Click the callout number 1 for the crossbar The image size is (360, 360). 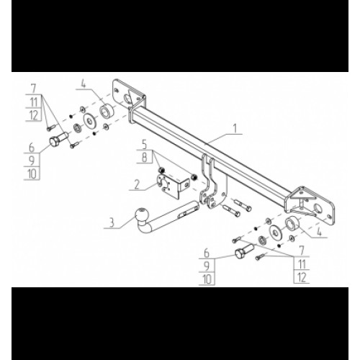pos(235,129)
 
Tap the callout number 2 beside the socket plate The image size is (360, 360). pos(137,184)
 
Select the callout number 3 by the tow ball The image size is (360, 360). pos(112,222)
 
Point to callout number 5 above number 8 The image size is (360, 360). pos(145,145)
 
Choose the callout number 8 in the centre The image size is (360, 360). pos(145,158)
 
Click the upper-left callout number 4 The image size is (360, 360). pos(83,84)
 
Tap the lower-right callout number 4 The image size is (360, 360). pos(319,232)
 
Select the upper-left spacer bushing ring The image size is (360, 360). pos(107,111)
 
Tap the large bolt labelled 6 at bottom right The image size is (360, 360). pos(243,251)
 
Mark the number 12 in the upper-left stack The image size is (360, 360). pos(34,115)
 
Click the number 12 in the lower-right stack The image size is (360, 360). pos(302,277)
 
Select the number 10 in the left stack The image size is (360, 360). pos(32,174)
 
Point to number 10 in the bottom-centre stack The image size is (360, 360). pos(207,279)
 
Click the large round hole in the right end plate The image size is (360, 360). pos(318,209)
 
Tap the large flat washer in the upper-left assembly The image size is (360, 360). pos(90,120)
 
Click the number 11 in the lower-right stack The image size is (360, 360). pos(302,264)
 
